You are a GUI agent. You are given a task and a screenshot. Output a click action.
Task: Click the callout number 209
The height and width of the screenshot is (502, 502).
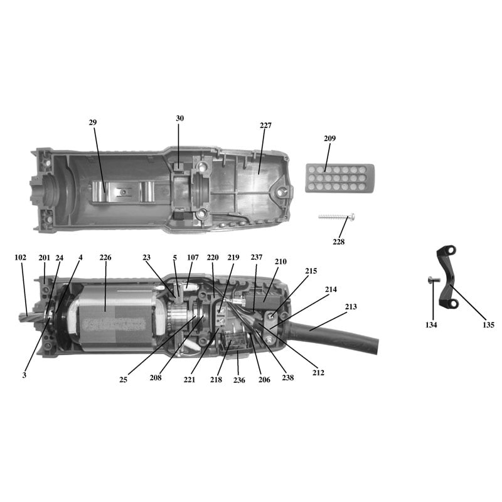coord(329,138)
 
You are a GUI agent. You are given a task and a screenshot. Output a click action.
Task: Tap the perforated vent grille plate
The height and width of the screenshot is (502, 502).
coord(339,178)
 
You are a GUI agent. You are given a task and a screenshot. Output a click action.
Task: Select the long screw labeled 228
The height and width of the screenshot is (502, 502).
coord(337,216)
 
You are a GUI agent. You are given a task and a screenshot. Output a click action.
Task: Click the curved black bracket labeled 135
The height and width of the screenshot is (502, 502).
coord(447,277)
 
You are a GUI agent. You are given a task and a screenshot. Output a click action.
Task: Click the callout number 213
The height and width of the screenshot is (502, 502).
coord(351,307)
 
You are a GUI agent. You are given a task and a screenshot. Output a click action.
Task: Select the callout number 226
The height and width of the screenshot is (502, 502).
coord(105,257)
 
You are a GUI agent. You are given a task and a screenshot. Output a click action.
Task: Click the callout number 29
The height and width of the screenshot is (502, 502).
coord(92,122)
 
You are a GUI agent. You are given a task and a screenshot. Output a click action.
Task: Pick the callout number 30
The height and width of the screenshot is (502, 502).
coord(180,118)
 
